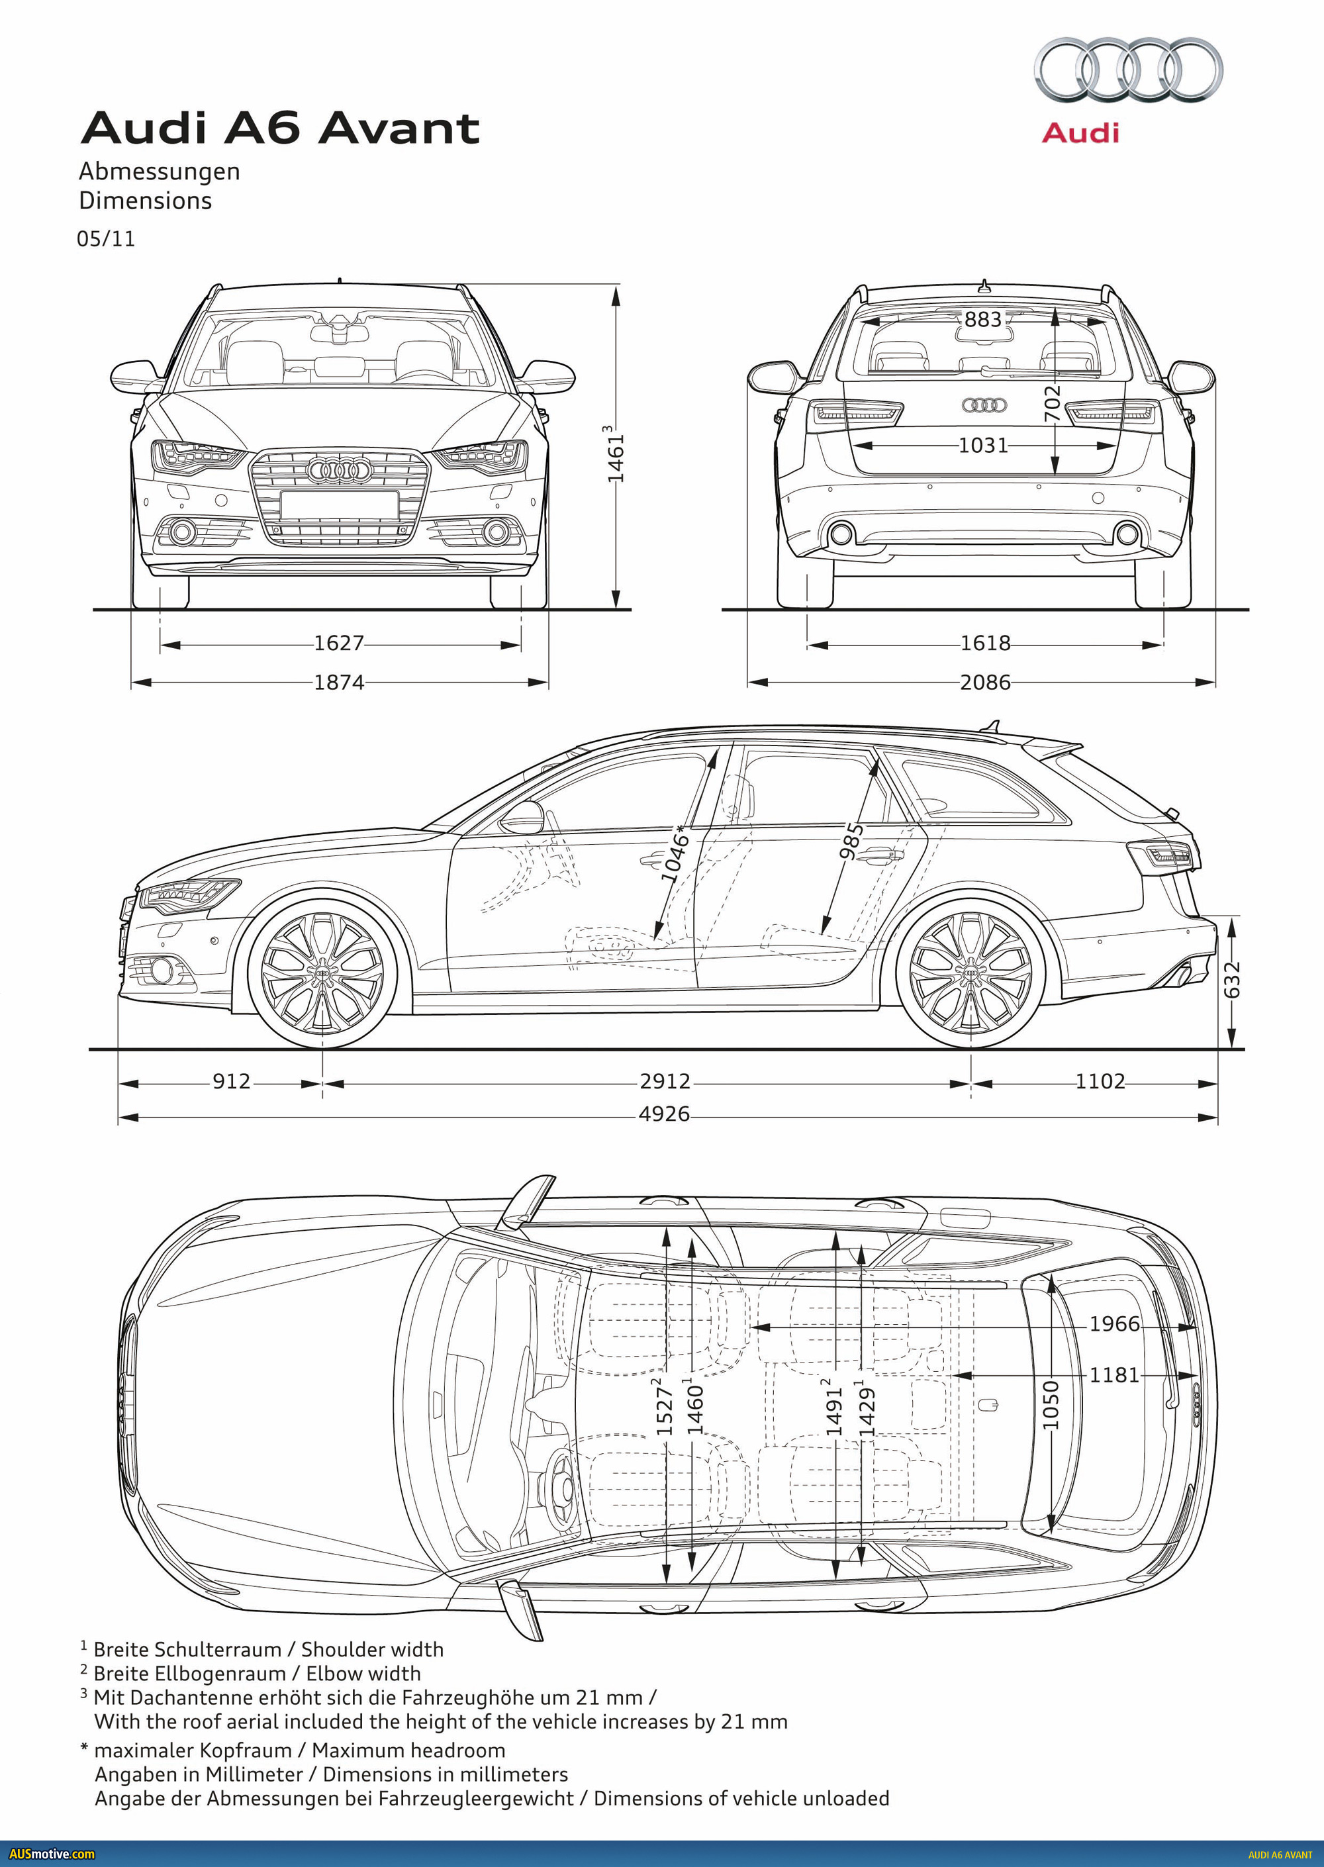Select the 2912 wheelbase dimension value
(665, 1081)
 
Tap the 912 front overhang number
(231, 1081)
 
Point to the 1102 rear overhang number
(1099, 1081)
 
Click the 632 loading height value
(1232, 979)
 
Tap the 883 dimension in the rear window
(982, 320)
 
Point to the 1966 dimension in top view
(1114, 1323)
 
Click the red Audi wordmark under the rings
(1080, 133)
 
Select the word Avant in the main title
(399, 129)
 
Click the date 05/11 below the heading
(106, 239)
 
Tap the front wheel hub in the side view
(322, 973)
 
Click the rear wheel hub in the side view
(970, 973)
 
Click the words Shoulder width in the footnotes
(372, 1649)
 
